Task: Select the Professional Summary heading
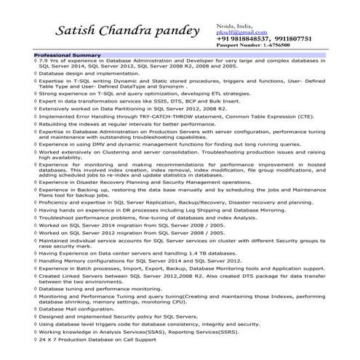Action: click(67, 55)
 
